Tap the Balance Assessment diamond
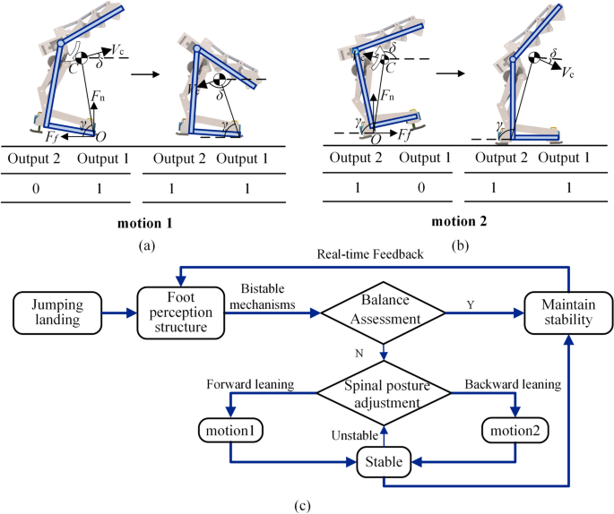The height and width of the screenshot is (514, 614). coord(384,313)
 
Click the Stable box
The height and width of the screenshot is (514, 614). coord(384,463)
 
